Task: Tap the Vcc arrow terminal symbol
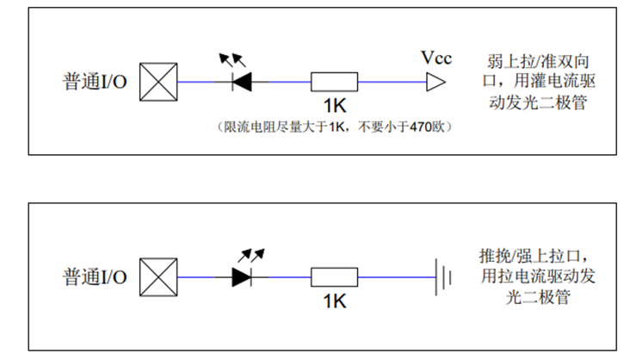point(436,83)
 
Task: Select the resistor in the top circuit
point(334,83)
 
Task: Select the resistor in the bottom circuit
point(334,278)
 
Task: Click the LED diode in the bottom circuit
point(242,278)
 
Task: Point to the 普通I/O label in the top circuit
point(95,83)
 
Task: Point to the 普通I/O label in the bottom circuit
point(95,278)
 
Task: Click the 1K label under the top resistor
point(334,107)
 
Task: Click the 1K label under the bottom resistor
point(334,302)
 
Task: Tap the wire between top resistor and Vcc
point(392,83)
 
